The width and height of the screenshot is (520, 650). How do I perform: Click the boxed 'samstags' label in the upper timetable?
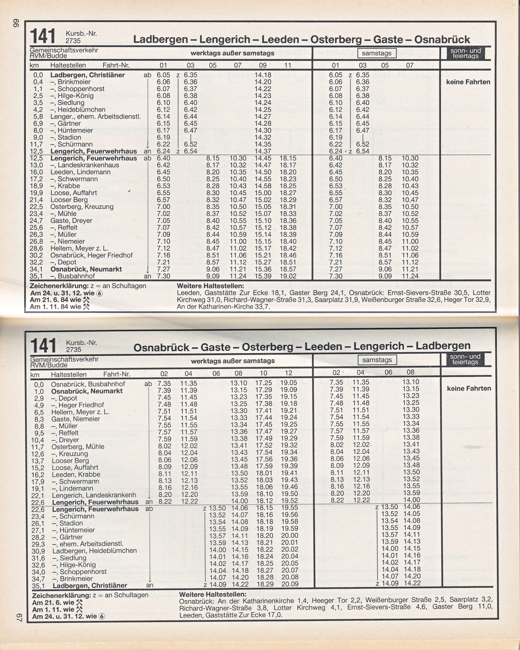click(x=376, y=53)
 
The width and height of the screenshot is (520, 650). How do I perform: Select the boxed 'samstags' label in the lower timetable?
click(x=377, y=360)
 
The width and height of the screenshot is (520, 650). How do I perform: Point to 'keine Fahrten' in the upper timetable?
click(x=468, y=82)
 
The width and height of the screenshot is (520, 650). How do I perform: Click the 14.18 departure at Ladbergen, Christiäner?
click(x=263, y=75)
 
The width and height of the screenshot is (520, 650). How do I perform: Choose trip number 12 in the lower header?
click(x=288, y=373)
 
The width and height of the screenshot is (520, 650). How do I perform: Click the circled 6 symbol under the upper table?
click(x=99, y=293)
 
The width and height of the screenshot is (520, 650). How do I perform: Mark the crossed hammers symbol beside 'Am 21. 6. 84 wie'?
click(x=86, y=300)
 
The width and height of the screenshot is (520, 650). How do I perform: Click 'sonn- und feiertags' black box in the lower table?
click(x=465, y=359)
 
